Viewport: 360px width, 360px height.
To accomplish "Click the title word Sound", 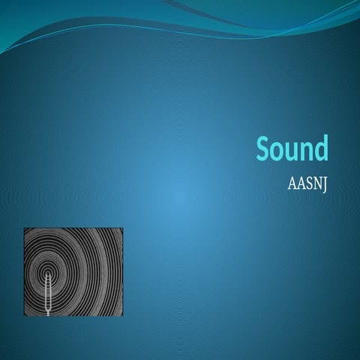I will pos(292,149).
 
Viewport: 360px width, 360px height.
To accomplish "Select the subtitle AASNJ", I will pos(307,184).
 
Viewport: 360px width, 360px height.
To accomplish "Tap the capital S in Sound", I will pos(264,149).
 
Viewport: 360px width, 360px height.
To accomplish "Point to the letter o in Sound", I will pos(279,151).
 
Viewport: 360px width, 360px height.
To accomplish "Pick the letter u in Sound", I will pos(292,151).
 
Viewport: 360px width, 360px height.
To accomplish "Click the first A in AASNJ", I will pos(292,184).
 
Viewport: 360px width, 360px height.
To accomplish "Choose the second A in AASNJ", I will pos(300,184).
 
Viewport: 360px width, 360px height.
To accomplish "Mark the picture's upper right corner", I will pos(122,229).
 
